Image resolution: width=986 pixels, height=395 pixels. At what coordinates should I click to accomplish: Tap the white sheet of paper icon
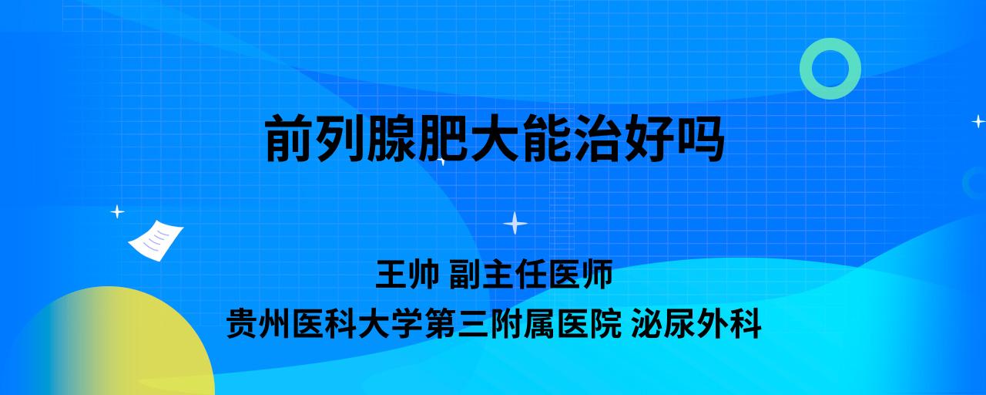pos(156,240)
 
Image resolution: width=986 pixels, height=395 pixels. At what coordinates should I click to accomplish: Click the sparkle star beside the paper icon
pos(117,212)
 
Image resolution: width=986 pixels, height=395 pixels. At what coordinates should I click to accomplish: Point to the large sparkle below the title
pos(515,223)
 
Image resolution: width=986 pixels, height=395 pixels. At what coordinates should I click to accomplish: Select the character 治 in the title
pos(597,138)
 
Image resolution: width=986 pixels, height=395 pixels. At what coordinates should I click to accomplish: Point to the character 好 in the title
pos(649,138)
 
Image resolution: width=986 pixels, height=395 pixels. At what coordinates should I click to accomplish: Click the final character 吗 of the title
pos(700,138)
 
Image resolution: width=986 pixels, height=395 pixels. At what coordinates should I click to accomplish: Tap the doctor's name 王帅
pos(407,274)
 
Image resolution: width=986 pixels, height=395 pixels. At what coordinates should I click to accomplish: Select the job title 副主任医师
pos(531,274)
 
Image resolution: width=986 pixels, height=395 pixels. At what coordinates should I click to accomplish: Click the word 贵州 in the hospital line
pos(258,324)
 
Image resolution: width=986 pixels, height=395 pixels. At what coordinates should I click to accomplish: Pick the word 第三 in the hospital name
pos(457,324)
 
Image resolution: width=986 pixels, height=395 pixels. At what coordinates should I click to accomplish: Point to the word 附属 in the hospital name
pos(522,324)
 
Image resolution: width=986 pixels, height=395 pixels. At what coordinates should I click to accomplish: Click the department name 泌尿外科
pos(696,324)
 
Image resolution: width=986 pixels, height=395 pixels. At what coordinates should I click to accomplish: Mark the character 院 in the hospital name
pos(605,324)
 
